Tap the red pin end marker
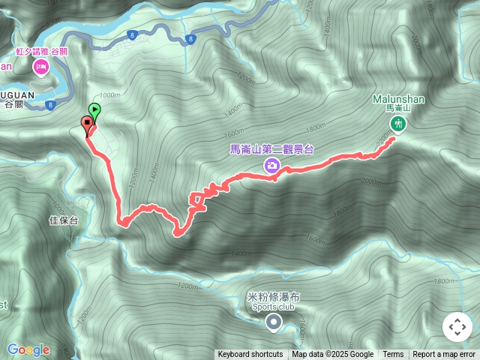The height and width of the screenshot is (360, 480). click(x=86, y=124)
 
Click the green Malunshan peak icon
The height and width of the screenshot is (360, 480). click(x=397, y=124)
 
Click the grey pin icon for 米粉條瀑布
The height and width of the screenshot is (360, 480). click(x=274, y=322)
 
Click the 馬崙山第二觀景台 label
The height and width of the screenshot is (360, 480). click(x=271, y=148)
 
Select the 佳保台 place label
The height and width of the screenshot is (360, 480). click(x=63, y=220)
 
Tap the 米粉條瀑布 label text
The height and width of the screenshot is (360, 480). click(x=273, y=297)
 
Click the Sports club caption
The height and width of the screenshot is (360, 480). click(x=273, y=307)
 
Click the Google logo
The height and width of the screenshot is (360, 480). click(x=28, y=349)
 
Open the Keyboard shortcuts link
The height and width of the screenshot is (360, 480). click(x=250, y=355)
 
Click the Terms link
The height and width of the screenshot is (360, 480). click(x=393, y=355)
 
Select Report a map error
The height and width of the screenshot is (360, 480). click(x=444, y=355)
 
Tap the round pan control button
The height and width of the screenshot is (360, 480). click(x=457, y=327)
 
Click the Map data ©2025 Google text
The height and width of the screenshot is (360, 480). click(x=333, y=355)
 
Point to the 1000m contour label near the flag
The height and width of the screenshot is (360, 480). click(x=109, y=95)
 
